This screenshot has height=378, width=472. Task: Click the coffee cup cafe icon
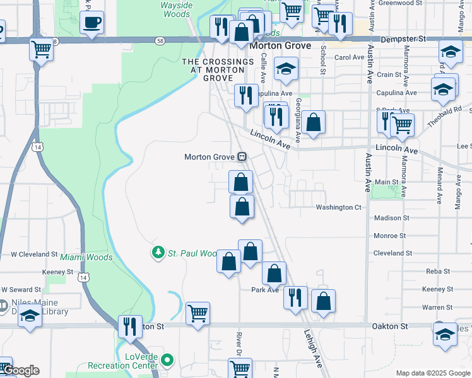92,23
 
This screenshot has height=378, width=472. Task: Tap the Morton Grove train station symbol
241,156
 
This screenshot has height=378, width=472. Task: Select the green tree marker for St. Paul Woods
158,253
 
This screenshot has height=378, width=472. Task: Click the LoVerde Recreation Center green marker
167,361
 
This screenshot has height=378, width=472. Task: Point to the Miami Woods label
86,257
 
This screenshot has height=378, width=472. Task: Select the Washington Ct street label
338,207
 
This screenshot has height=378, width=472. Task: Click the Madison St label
391,218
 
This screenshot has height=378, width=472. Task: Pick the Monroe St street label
389,236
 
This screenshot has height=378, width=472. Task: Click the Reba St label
437,271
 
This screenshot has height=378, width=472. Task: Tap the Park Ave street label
265,290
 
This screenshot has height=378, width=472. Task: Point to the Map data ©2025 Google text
432,373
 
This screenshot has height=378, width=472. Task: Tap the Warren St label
434,307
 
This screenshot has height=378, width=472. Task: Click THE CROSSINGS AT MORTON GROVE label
218,70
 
